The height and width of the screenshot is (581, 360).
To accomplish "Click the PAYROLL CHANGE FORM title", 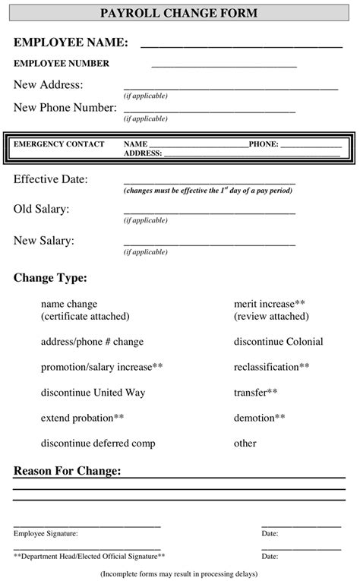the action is (178, 13).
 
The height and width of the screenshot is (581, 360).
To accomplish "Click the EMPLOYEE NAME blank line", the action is (242, 46).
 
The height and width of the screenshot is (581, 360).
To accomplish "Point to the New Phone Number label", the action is (65, 108).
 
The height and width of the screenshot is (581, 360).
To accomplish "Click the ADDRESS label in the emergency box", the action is (143, 153).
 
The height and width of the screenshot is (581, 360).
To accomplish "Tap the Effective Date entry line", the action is (209, 183).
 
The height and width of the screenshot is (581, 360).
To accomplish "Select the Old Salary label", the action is (42, 209).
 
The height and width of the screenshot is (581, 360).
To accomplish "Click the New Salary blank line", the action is (209, 245).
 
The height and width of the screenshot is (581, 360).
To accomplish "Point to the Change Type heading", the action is (50, 278).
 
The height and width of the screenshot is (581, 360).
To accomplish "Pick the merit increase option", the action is (270, 304).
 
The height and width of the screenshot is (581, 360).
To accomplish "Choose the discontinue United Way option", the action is (93, 393).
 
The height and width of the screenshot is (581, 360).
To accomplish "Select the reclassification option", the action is (272, 368).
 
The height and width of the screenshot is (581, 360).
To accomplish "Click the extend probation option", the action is (82, 418).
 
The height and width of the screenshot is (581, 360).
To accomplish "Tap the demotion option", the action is (260, 418).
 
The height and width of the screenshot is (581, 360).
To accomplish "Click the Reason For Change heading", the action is (67, 472).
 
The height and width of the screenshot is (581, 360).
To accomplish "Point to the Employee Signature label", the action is (46, 534).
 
